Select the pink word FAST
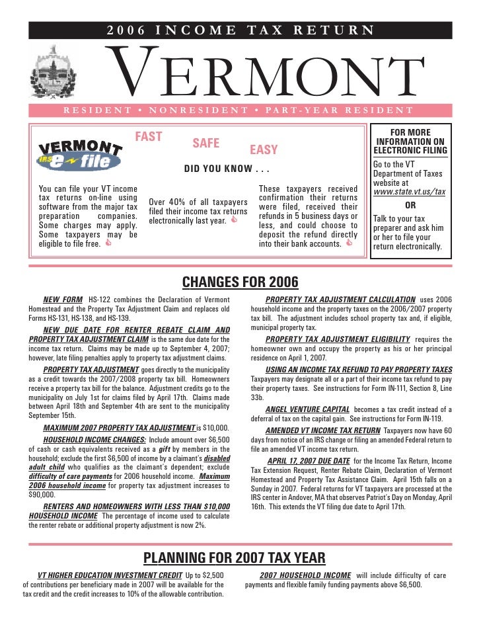149,137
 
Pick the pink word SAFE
205,144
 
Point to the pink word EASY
264,150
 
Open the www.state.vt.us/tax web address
409,192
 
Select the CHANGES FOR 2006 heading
240,283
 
